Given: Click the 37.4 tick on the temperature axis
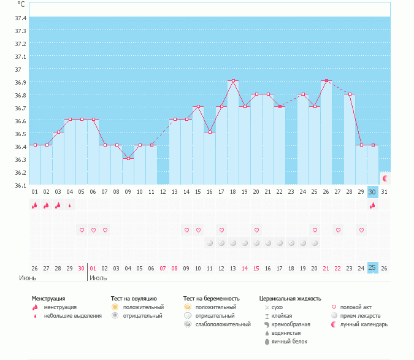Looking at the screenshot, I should (x=21, y=18).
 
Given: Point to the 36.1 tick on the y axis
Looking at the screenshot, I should (x=21, y=185).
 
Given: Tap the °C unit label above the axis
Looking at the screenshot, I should (x=21, y=4).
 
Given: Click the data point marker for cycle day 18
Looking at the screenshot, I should (x=233, y=80).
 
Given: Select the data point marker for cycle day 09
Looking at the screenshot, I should (x=128, y=158).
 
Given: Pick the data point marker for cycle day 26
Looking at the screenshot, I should (x=326, y=80).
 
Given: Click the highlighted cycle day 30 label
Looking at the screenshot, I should (x=372, y=192).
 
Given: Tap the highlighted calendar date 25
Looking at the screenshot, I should (x=372, y=267).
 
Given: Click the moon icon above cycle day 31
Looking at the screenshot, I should (x=385, y=178).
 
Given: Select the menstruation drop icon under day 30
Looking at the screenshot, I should (x=372, y=205).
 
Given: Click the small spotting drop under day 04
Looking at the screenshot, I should (x=70, y=205).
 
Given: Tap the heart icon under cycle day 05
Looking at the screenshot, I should (x=82, y=230).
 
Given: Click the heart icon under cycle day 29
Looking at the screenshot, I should (x=361, y=230).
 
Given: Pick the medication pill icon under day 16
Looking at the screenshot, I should (x=210, y=243).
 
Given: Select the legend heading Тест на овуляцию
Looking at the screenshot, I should (x=138, y=299).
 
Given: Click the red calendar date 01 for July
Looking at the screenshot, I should (x=93, y=268).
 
